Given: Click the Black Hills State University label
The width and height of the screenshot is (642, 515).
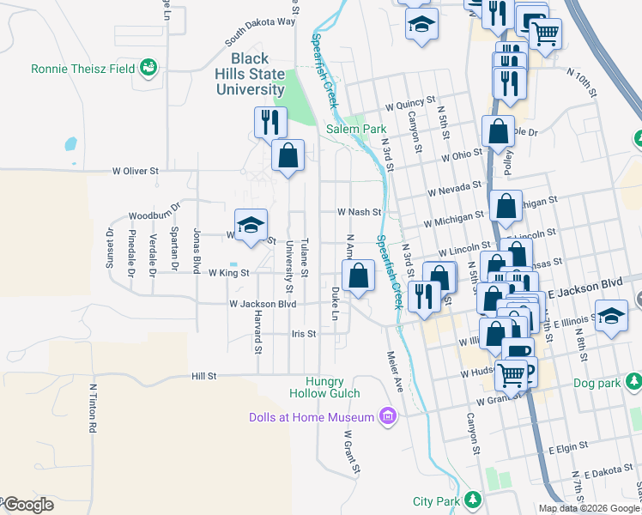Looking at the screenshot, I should tap(250, 75).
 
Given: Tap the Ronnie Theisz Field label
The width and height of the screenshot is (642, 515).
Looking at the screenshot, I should tap(84, 68).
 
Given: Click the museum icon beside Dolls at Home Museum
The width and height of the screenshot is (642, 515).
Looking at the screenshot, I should tap(387, 418).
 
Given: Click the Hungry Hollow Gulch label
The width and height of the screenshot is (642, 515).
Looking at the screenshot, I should tap(337, 387).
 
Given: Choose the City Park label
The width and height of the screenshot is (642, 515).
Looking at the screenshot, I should tap(436, 500).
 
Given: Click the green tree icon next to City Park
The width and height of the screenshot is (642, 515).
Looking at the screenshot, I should tap(473, 500).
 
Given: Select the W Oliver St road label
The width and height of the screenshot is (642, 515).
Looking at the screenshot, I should tap(136, 171).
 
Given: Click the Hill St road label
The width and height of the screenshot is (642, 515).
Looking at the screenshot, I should tap(204, 375).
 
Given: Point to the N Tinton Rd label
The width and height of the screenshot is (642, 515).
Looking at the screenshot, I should tap(92, 407).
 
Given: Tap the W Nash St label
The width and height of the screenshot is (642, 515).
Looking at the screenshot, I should tap(358, 211).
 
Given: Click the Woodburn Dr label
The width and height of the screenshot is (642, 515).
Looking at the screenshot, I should tap(154, 215).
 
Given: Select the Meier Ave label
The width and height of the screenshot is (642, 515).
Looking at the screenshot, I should tap(396, 371).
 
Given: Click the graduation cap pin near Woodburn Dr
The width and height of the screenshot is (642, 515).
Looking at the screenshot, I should tap(251, 225).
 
